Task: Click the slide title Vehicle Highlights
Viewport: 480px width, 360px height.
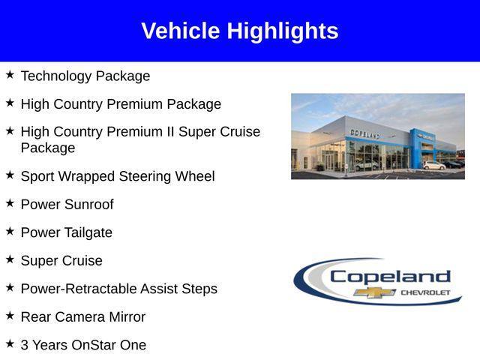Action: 239,31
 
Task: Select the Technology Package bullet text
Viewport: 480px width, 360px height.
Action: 85,76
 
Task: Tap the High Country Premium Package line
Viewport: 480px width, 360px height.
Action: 121,104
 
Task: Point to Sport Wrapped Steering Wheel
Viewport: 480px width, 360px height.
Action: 118,177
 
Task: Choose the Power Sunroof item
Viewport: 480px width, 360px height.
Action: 67,205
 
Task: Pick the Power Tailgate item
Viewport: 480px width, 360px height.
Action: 67,233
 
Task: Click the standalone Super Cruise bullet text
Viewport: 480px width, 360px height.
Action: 61,261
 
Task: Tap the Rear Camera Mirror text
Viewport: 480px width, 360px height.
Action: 83,317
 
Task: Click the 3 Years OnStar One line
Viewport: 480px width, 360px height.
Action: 83,346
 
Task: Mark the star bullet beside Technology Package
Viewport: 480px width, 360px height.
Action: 10,75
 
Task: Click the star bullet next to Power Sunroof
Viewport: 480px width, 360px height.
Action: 10,203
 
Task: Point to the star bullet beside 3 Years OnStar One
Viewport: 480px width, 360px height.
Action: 10,344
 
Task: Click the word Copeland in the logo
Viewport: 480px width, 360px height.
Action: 390,277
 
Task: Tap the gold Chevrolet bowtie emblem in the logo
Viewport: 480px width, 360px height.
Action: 375,292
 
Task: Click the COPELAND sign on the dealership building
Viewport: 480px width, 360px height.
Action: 364,133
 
